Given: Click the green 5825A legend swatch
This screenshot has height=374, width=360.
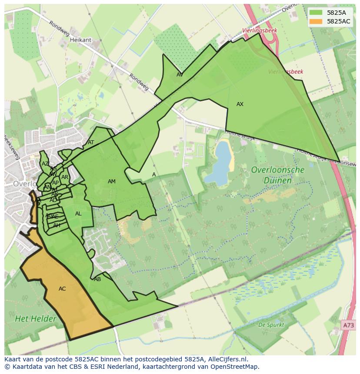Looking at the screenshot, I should [x=316, y=13].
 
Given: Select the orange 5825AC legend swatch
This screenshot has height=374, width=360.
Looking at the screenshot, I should [x=316, y=21].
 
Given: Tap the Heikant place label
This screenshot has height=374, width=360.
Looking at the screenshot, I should [x=80, y=40].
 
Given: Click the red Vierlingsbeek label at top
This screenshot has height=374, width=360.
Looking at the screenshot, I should [x=260, y=30].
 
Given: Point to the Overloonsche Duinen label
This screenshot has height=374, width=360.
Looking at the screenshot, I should [x=277, y=175].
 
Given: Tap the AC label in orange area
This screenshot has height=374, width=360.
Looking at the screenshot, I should [x=62, y=289].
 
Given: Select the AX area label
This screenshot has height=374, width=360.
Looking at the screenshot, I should [x=240, y=104].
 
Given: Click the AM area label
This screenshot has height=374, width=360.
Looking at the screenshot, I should [x=112, y=182].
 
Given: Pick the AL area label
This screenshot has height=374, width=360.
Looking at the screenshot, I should [x=78, y=214].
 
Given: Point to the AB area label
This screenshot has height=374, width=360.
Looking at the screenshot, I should [x=97, y=279].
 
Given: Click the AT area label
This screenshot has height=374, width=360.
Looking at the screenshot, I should [x=91, y=142].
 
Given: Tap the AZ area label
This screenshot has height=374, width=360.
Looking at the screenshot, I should [x=45, y=164].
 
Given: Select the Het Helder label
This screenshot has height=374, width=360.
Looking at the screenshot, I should [x=36, y=319].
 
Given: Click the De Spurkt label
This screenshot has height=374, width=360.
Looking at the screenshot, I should [x=271, y=325].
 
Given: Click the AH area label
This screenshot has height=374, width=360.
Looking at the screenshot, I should [x=57, y=225].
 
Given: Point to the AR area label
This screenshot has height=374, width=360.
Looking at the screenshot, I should [x=65, y=177].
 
